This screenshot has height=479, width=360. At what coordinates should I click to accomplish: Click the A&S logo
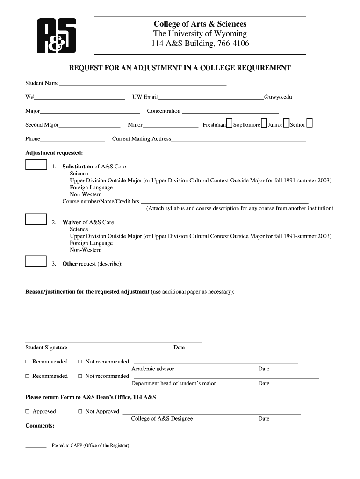click(57, 36)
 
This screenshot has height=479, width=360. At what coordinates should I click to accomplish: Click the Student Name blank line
click(143, 84)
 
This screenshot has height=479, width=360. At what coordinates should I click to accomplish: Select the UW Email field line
click(210, 98)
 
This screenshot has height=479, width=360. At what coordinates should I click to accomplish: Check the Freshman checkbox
click(229, 123)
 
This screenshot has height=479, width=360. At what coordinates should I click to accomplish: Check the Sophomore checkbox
click(264, 123)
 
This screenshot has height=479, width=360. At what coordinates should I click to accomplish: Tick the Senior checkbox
click(310, 123)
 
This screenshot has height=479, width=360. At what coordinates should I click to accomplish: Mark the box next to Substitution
click(36, 164)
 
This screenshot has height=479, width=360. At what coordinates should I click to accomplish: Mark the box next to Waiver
click(36, 219)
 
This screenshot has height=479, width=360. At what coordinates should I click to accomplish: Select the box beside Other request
click(36, 261)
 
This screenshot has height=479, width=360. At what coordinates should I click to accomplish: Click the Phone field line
click(72, 140)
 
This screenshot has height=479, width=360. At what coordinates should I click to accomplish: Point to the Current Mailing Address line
click(238, 140)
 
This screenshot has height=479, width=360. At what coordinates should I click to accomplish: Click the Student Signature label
click(46, 348)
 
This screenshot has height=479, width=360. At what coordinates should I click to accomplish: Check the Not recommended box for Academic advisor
click(80, 362)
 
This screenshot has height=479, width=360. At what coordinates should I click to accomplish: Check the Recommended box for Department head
click(28, 376)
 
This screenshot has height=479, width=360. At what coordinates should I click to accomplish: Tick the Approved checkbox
click(28, 412)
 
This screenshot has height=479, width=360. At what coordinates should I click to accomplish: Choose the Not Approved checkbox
click(80, 412)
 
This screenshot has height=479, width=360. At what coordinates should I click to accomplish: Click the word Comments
click(39, 426)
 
